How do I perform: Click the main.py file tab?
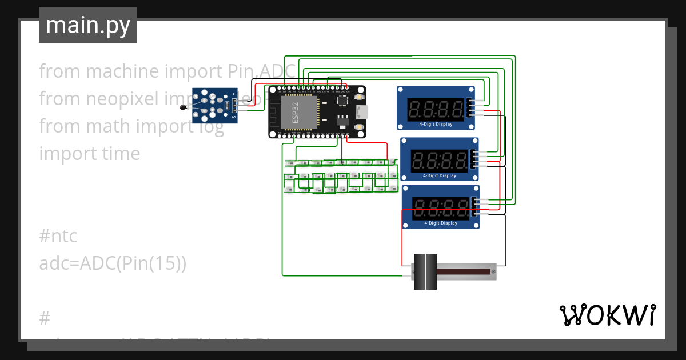click(x=87, y=25)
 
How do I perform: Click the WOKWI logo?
click(x=607, y=315)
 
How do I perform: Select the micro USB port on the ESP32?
click(x=361, y=111)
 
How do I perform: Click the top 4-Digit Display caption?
click(x=436, y=124)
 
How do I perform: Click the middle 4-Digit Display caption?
click(x=440, y=175)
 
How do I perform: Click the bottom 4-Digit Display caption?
click(x=441, y=223)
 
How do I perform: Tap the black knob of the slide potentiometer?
click(x=425, y=271)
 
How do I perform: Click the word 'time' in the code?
click(x=118, y=154)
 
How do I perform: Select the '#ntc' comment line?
click(x=58, y=235)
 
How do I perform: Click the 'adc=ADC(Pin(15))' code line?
click(x=113, y=263)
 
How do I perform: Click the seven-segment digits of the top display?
click(x=436, y=109)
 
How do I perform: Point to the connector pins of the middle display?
click(x=474, y=158)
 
